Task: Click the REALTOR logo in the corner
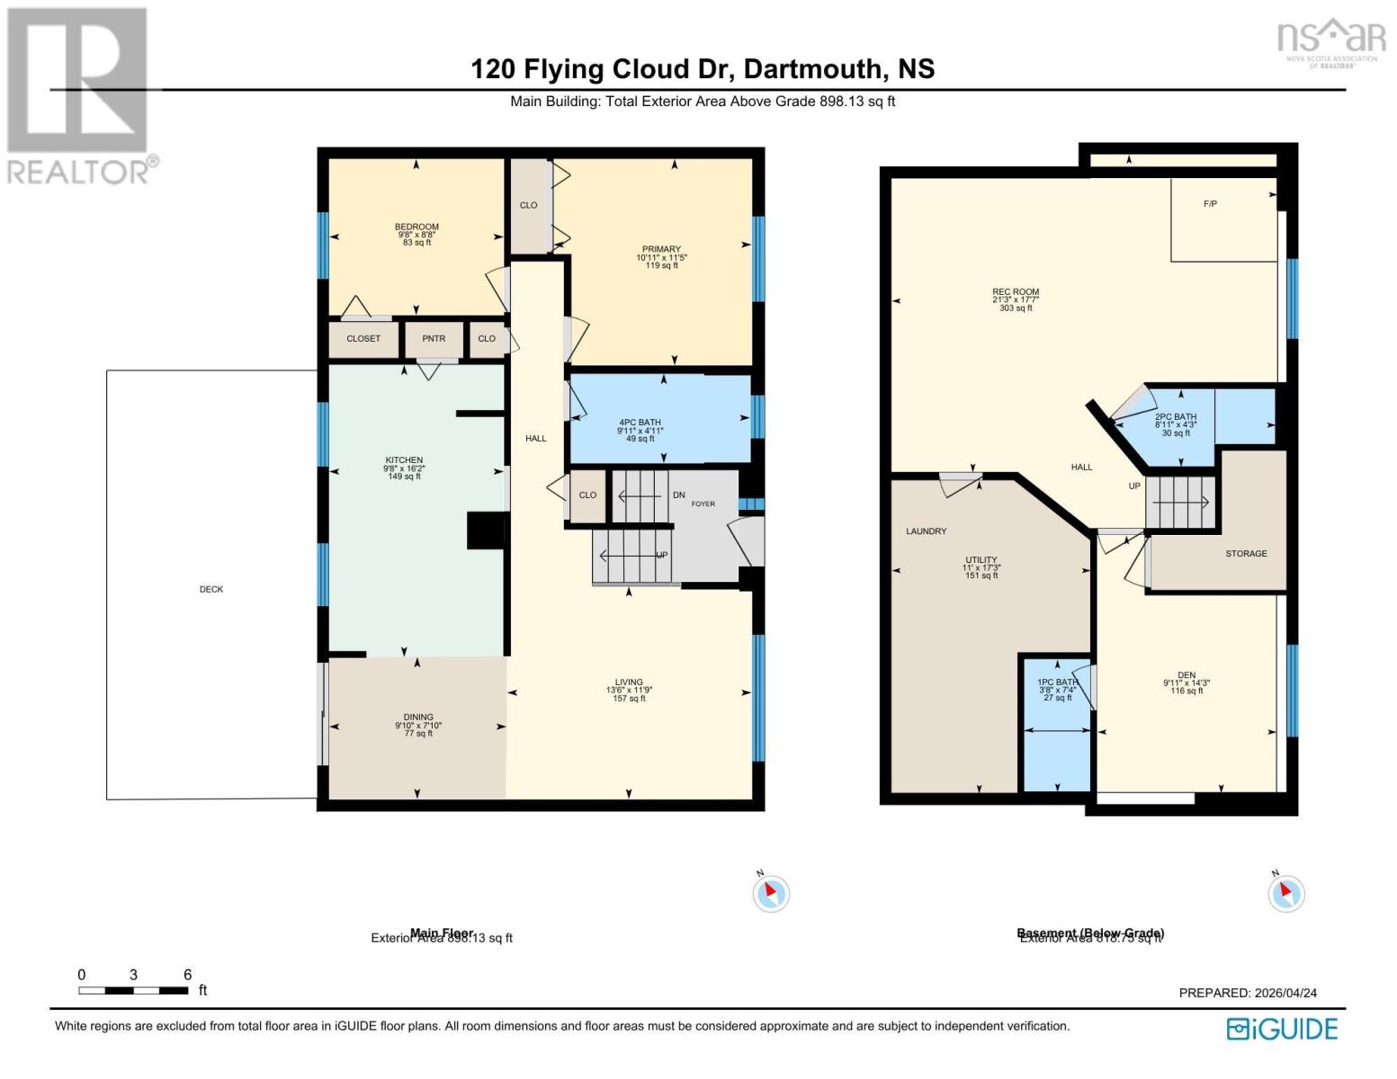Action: pyautogui.click(x=79, y=94)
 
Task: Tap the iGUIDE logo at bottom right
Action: pyautogui.click(x=1283, y=1029)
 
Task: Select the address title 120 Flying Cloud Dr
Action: pyautogui.click(x=702, y=69)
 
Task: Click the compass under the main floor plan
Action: pyautogui.click(x=771, y=894)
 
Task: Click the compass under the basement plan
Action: pyautogui.click(x=1285, y=894)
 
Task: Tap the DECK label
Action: pyautogui.click(x=211, y=589)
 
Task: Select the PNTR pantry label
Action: pyautogui.click(x=434, y=339)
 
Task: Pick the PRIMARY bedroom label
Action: pyautogui.click(x=661, y=249)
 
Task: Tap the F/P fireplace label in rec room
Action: pyautogui.click(x=1210, y=204)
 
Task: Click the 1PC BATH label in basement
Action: pyautogui.click(x=1057, y=682)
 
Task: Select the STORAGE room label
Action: pyautogui.click(x=1246, y=554)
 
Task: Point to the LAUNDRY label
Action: pyautogui.click(x=926, y=531)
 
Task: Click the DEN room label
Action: pyautogui.click(x=1186, y=675)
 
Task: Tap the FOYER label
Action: pyautogui.click(x=703, y=504)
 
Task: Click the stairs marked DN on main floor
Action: pyautogui.click(x=640, y=495)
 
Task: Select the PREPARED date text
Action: pyautogui.click(x=1248, y=993)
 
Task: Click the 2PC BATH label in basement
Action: pyautogui.click(x=1176, y=417)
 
